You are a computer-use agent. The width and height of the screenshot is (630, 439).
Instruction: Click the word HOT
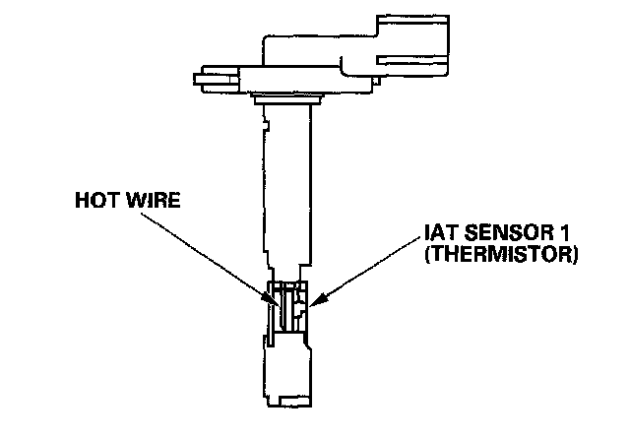click(96, 203)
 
